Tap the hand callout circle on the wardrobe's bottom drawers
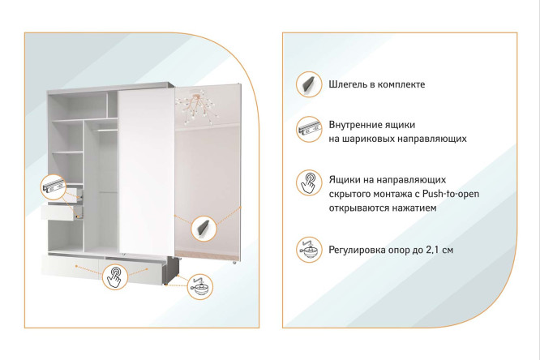(x=117, y=276)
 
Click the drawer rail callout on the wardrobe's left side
(x=52, y=187)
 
